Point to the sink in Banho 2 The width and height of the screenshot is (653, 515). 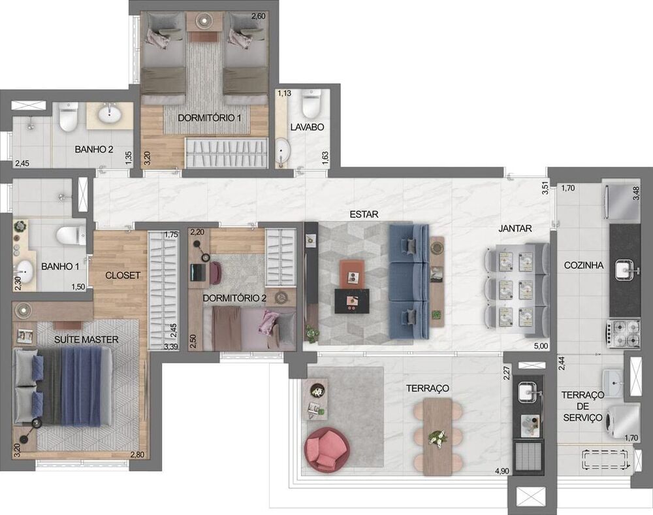click(x=109, y=116)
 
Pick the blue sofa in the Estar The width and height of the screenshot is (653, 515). click(x=409, y=282)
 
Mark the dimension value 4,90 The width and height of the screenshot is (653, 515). click(x=502, y=471)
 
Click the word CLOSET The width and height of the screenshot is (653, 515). click(x=122, y=275)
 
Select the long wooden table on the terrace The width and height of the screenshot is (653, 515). click(x=438, y=436)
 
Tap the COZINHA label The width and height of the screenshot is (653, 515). click(x=584, y=265)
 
